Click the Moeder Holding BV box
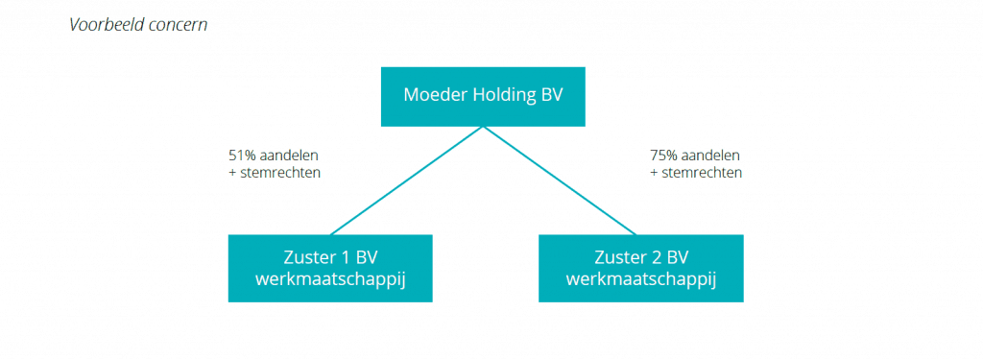tap(482, 96)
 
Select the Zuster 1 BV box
tap(330, 268)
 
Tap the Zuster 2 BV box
tap(640, 268)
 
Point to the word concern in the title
tap(179, 24)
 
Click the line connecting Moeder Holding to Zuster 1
tap(407, 180)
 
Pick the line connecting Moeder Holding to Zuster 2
tap(560, 180)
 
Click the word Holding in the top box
tap(502, 95)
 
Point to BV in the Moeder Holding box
tap(551, 95)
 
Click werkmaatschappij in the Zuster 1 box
tap(330, 279)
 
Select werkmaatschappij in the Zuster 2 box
tap(640, 279)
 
